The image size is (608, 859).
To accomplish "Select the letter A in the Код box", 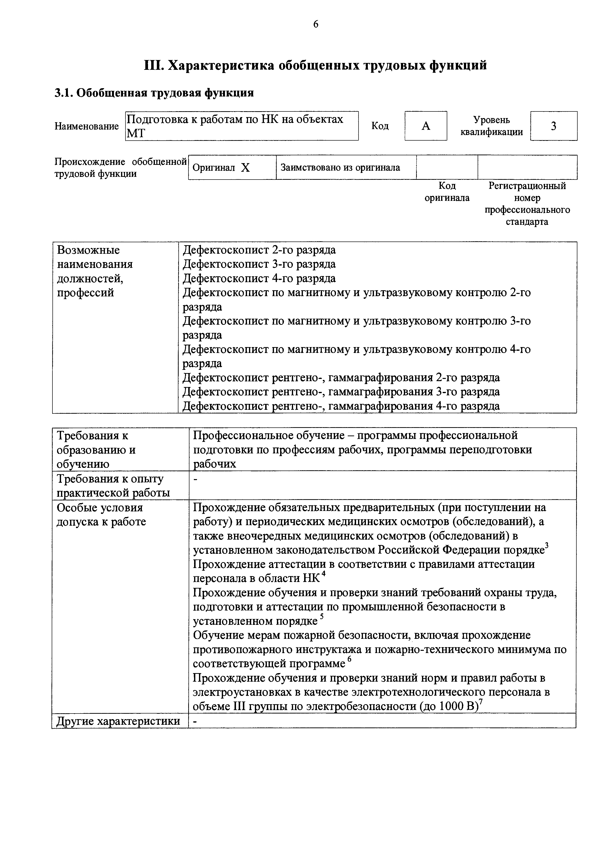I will pos(426,126).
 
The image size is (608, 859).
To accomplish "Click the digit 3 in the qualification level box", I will pos(553,126).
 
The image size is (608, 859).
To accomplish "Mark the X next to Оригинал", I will pos(245,168).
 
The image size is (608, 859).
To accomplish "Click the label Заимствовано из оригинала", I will pos(340,167).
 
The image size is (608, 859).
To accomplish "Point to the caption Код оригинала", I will pos(447,192).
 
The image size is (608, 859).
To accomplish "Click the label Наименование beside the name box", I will pos(87,126).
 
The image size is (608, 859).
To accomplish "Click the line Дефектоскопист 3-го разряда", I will pos(259,264).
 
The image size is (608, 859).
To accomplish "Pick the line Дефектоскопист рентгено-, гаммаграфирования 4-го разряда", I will pos(341,406).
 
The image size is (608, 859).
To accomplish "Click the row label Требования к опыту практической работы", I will pos(113,486).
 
